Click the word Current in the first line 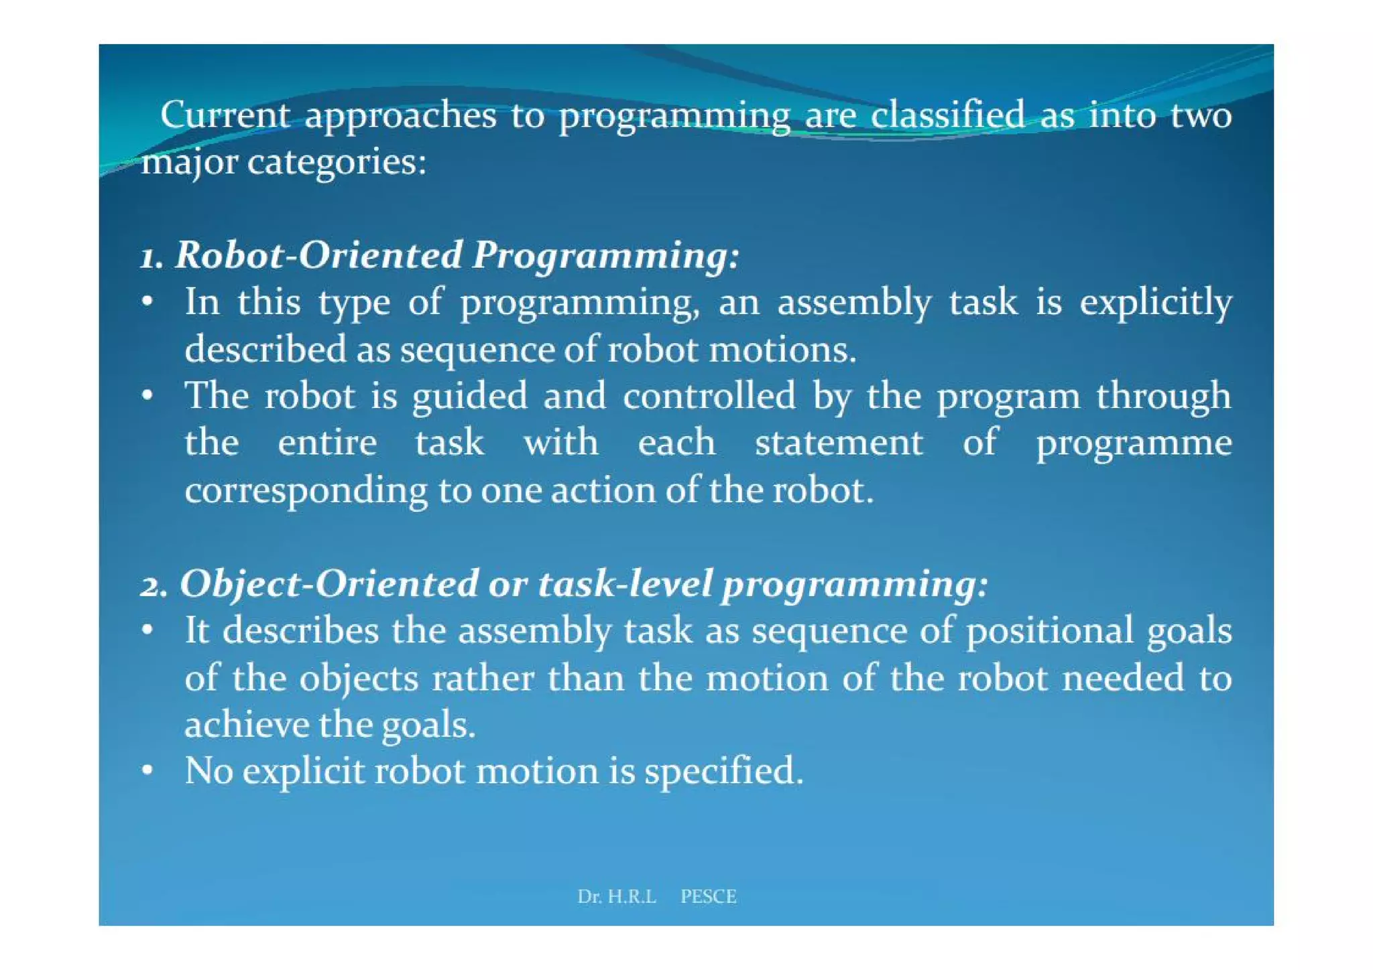point(225,115)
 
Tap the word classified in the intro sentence point(948,115)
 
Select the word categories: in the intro point(337,162)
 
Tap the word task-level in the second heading point(624,583)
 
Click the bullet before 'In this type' point(148,302)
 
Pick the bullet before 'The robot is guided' point(148,396)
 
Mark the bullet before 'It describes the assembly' point(148,630)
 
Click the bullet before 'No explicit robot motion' point(148,770)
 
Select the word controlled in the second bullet point(709,396)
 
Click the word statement point(839,443)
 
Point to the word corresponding point(306,491)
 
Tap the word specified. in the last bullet point(723,772)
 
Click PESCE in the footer point(708,896)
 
